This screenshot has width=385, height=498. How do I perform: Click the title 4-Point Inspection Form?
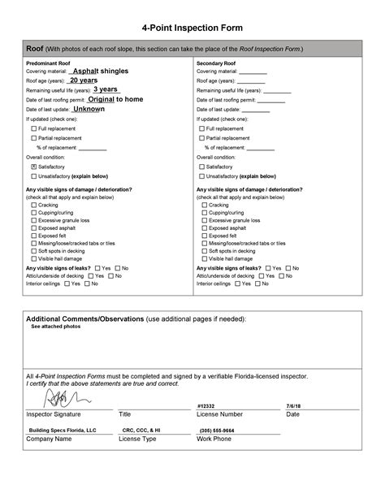(192, 28)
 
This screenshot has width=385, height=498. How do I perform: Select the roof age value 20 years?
(84, 80)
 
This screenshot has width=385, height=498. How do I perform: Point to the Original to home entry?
(116, 99)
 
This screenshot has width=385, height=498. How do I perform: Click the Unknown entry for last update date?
(89, 109)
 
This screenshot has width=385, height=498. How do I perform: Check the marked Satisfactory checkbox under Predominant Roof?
(34, 166)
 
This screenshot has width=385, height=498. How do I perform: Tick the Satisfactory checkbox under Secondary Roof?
(202, 166)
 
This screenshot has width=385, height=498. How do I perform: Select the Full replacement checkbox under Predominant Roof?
(34, 128)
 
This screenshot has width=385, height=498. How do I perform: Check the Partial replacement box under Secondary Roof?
(202, 138)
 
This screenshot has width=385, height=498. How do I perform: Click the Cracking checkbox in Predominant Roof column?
(34, 206)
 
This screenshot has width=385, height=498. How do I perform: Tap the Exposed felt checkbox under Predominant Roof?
(34, 236)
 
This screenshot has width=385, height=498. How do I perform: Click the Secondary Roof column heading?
(215, 62)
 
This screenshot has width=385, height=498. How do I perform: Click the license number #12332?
(205, 405)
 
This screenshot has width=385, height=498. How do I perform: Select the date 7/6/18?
(293, 405)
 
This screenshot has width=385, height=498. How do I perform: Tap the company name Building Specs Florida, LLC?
(63, 430)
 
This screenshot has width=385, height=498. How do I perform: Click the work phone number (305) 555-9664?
(217, 430)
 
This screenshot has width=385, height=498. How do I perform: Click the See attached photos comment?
(55, 327)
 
